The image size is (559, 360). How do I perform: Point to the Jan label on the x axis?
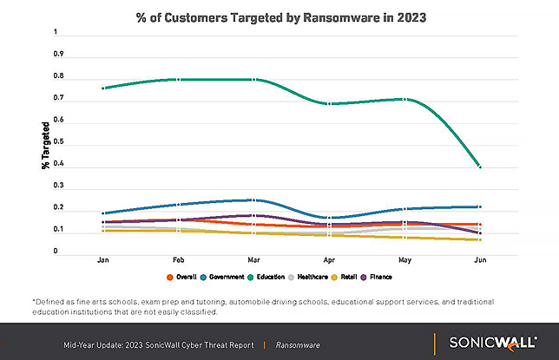point(103,259)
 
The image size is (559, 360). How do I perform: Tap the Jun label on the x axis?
point(478,259)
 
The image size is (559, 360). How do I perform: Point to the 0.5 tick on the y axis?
point(59,142)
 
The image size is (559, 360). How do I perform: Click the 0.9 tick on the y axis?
point(59,54)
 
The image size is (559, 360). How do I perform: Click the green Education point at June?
point(479,166)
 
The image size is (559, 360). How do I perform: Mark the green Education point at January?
point(103,88)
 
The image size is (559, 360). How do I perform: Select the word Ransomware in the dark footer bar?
point(298,345)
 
